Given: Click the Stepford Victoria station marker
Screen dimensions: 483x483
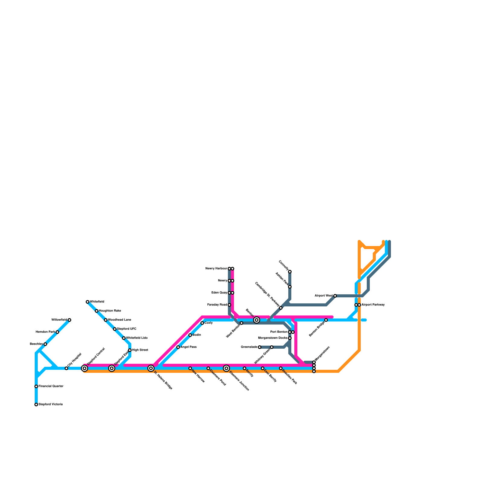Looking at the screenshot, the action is [36, 405].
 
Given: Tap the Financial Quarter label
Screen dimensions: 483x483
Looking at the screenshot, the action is [51, 386].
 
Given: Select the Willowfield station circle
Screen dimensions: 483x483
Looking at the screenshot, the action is [69, 320].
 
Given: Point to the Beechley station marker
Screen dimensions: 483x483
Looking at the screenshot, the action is [45, 344].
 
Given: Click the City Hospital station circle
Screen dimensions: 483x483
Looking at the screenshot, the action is [66, 368].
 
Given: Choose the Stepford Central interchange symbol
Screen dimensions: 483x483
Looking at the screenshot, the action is [85, 368].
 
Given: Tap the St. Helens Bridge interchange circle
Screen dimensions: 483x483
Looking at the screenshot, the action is [151, 368].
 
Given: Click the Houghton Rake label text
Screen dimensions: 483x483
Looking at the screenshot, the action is [110, 311].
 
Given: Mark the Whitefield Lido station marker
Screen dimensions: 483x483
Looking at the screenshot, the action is [124, 338].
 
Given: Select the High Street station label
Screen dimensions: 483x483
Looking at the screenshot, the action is [140, 350].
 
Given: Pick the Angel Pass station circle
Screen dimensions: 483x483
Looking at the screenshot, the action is [178, 347].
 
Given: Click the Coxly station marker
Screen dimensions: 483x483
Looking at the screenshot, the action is [202, 323].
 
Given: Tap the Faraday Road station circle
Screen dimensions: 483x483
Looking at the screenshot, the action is [229, 305].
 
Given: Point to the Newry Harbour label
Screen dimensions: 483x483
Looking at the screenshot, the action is [216, 269].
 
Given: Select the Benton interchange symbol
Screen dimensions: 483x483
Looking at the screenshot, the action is [257, 320].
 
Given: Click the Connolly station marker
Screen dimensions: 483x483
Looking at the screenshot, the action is [290, 272].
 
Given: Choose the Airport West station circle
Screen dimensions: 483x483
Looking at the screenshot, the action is [335, 296].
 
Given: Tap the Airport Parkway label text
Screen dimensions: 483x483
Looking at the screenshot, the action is [373, 305].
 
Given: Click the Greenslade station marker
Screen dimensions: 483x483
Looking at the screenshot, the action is [260, 347].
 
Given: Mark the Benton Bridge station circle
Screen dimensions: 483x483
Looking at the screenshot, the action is [326, 320].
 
